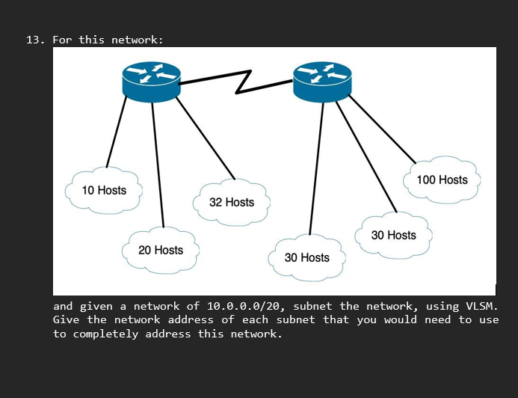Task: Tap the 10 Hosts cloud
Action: click(x=104, y=190)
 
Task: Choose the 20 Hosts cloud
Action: click(x=161, y=250)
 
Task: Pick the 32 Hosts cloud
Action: click(x=231, y=203)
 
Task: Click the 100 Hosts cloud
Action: click(x=442, y=180)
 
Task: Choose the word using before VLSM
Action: click(x=442, y=306)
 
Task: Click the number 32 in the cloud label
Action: click(x=216, y=203)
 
